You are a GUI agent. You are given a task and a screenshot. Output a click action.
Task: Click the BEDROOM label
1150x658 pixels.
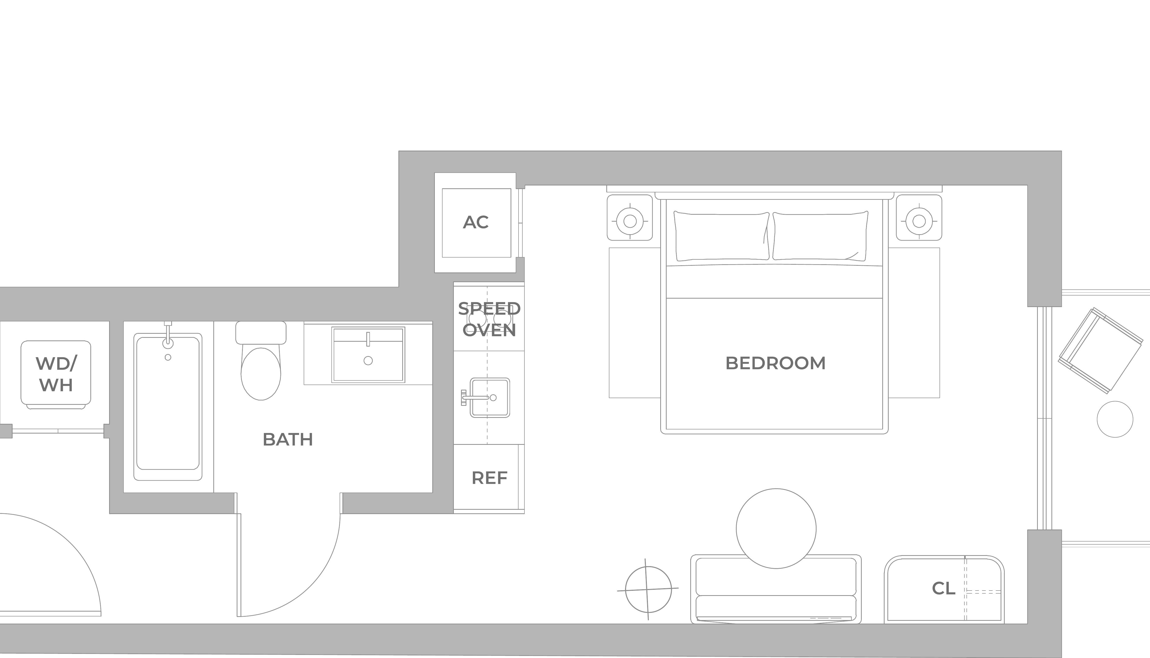pyautogui.click(x=775, y=363)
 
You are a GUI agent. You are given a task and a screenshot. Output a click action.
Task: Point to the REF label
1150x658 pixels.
pyautogui.click(x=489, y=478)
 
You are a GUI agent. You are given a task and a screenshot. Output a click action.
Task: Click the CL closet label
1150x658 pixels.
pyautogui.click(x=943, y=588)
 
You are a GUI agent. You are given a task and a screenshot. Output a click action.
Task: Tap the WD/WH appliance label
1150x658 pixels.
pyautogui.click(x=56, y=374)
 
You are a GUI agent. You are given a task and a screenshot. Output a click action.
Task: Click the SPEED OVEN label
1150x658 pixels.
pyautogui.click(x=489, y=320)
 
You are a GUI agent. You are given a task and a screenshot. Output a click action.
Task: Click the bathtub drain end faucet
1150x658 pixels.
pyautogui.click(x=168, y=337)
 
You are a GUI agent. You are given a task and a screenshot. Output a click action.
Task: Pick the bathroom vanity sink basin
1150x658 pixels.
pyautogui.click(x=368, y=355)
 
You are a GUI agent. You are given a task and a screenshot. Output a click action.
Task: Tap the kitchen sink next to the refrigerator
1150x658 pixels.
pyautogui.click(x=490, y=398)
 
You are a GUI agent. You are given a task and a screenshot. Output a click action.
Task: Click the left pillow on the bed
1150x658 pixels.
pyautogui.click(x=722, y=236)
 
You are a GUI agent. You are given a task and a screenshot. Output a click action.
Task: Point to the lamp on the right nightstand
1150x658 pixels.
pyautogui.click(x=919, y=221)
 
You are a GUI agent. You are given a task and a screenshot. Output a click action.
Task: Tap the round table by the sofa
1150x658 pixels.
pyautogui.click(x=776, y=528)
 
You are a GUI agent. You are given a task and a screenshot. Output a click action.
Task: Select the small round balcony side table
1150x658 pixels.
pyautogui.click(x=1115, y=419)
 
